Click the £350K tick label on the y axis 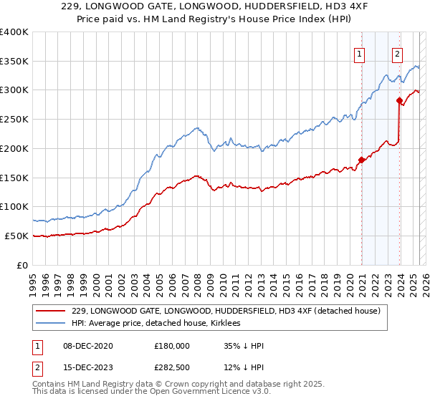(14, 62)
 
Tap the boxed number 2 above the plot (397, 52)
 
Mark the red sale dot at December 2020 (362, 160)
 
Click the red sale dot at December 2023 (400, 100)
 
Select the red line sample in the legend (51, 311)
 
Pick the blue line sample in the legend (51, 323)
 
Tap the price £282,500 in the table (172, 368)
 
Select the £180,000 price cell (172, 345)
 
